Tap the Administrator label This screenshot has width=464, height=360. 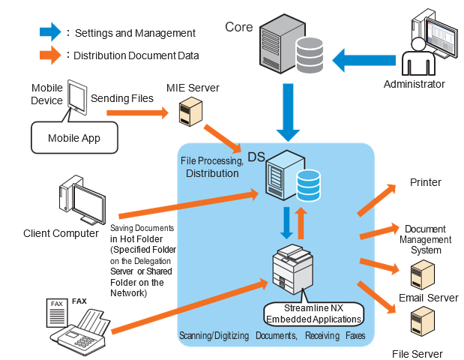coord(414,84)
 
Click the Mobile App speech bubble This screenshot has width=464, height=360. coord(73,137)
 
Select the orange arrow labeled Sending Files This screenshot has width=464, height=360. coord(135,113)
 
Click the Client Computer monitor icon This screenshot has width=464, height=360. coord(82,199)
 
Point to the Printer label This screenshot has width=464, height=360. coord(425,182)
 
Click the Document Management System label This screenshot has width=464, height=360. coord(425,239)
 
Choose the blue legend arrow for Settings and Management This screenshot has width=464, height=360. coord(49,32)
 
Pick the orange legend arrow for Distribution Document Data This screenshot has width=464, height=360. coord(49,55)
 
